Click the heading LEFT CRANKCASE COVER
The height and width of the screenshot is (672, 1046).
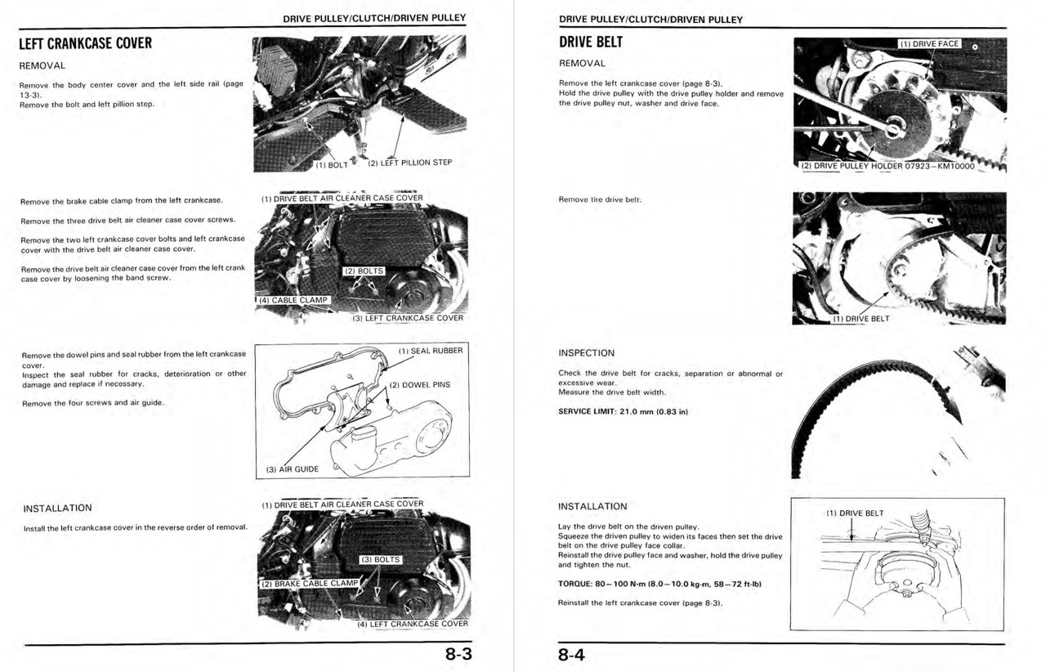86,43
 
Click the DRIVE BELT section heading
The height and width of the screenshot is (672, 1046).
591,43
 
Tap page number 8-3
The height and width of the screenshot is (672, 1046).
458,655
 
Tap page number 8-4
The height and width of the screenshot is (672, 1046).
573,655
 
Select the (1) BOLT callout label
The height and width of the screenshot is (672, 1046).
332,164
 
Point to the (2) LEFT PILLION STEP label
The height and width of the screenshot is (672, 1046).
409,163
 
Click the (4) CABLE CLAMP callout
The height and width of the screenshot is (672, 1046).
293,300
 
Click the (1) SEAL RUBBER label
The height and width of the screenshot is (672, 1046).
430,351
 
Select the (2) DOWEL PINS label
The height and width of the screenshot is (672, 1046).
419,384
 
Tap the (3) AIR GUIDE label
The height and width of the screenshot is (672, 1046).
293,469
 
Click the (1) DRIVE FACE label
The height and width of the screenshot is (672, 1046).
928,44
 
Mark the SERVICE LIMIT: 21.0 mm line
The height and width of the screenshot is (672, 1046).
623,411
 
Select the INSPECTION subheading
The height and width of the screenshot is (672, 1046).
586,353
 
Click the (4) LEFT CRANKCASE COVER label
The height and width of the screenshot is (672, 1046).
412,624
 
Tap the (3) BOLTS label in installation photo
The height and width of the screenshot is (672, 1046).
380,560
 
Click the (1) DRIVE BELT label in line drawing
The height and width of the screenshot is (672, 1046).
855,513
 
